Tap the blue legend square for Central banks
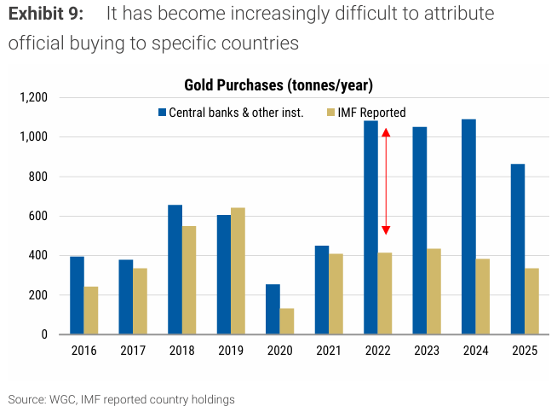click(162, 113)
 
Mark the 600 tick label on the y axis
click(39, 217)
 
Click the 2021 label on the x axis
click(330, 351)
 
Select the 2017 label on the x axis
click(133, 351)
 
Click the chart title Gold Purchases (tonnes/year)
click(278, 84)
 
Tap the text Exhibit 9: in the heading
click(46, 15)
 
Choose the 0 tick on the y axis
click(45, 335)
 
